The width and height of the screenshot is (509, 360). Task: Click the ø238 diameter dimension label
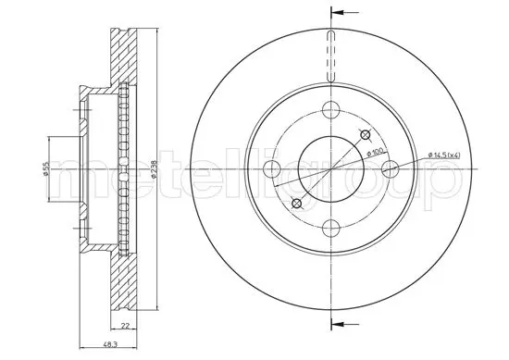click(x=155, y=169)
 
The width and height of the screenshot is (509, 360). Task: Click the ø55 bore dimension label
click(x=46, y=168)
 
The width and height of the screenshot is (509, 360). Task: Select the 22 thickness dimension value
click(x=124, y=327)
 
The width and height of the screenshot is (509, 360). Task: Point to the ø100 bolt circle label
click(x=377, y=152)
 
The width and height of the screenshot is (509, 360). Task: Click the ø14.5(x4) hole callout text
click(x=443, y=155)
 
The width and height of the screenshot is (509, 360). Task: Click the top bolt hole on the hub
click(x=331, y=109)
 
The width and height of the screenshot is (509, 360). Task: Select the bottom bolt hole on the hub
click(x=331, y=228)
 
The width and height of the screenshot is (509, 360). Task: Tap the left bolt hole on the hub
click(x=272, y=168)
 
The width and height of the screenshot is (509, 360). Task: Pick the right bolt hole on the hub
click(x=391, y=168)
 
